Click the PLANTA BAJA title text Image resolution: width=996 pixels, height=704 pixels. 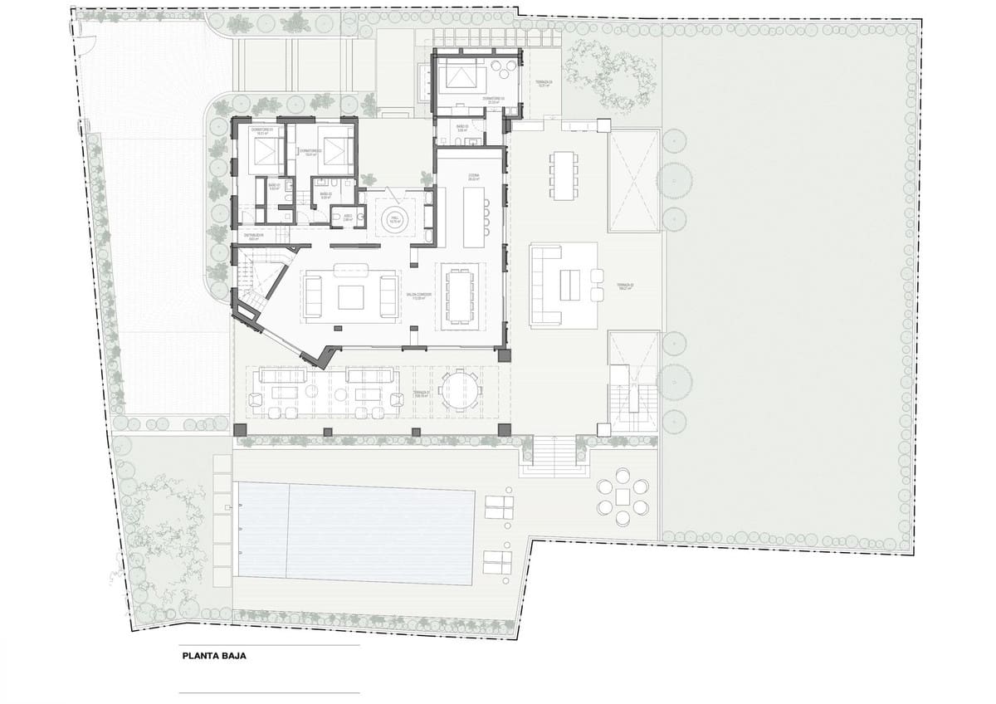click(214, 655)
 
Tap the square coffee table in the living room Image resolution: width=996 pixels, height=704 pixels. click(349, 296)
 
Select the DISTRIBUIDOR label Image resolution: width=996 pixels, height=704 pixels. click(254, 236)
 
